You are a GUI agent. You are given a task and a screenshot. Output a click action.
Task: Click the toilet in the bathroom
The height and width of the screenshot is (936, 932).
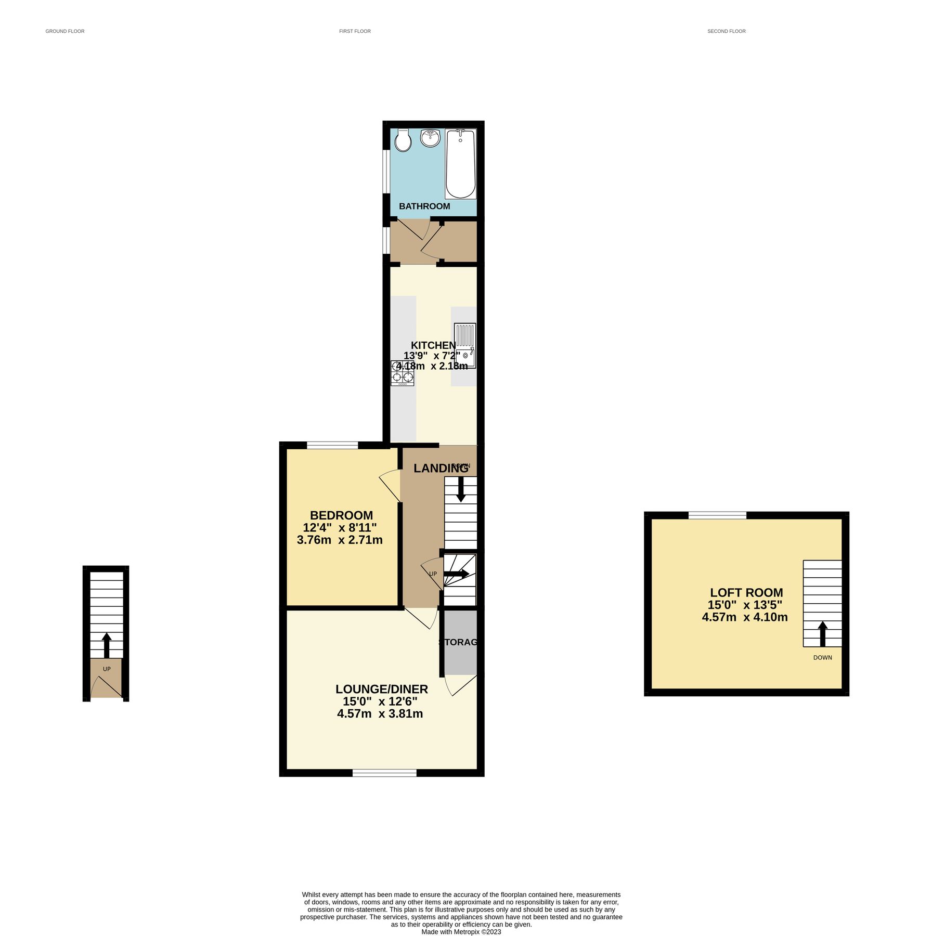[403, 140]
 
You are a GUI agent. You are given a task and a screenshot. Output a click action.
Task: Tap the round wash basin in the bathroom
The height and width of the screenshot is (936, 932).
[430, 138]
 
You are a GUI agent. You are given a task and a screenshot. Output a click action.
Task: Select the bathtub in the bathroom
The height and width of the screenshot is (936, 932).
[460, 164]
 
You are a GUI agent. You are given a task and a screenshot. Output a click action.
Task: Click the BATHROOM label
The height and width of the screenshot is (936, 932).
[424, 206]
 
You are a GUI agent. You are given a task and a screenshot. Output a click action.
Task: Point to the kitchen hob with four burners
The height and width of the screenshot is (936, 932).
[403, 373]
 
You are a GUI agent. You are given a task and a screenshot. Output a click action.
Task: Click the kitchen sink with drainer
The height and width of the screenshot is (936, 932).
[465, 346]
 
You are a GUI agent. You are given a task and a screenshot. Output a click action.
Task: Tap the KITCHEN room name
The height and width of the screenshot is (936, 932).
[433, 345]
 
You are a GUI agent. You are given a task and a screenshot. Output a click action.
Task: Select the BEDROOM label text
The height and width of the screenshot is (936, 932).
[341, 515]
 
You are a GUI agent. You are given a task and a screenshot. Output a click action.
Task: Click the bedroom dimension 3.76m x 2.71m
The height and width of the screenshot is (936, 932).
[340, 540]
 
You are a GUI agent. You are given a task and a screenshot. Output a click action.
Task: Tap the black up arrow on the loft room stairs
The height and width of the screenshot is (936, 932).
[823, 633]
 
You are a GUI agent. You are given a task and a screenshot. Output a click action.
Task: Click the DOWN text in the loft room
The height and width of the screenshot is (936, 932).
[823, 658]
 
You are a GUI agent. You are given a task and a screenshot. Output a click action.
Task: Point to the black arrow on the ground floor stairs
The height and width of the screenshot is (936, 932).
[107, 645]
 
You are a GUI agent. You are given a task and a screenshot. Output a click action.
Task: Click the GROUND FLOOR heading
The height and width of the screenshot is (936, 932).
[65, 31]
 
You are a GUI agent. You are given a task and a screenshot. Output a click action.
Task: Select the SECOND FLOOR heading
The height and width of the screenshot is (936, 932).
[727, 31]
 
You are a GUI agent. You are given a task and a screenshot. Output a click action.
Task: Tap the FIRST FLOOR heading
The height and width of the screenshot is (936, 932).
[355, 31]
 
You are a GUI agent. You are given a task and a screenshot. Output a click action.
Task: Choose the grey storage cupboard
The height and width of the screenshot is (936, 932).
[460, 643]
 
